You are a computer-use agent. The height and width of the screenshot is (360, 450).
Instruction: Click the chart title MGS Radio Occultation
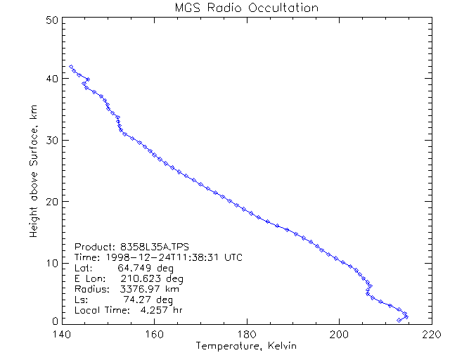point(246,8)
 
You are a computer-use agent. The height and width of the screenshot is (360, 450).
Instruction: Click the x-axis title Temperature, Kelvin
point(246,346)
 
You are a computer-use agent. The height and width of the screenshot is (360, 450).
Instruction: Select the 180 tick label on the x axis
point(246,335)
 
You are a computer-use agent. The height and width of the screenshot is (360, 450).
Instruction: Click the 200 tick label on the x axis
point(339,335)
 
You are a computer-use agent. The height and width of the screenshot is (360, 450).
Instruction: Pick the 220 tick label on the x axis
point(431,335)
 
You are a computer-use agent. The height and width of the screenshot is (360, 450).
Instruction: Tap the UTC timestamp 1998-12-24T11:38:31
point(162,257)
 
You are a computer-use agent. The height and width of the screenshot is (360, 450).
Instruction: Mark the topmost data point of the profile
point(71,67)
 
